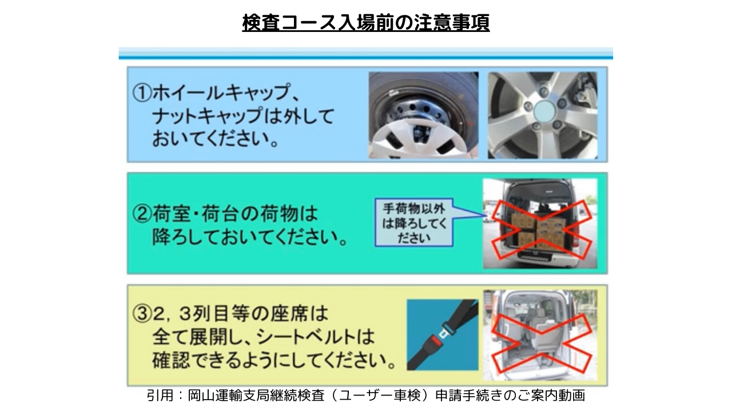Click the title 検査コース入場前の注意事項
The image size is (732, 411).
click(x=365, y=23)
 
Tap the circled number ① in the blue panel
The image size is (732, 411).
click(x=142, y=92)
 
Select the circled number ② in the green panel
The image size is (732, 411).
click(x=142, y=214)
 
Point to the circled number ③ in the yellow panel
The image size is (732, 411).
click(x=142, y=314)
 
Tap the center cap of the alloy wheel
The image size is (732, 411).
click(x=544, y=111)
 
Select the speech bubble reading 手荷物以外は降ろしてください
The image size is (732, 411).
click(x=415, y=223)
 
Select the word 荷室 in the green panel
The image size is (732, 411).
click(x=171, y=214)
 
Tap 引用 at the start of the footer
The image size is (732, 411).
click(x=160, y=396)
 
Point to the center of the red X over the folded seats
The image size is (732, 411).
click(x=542, y=343)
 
